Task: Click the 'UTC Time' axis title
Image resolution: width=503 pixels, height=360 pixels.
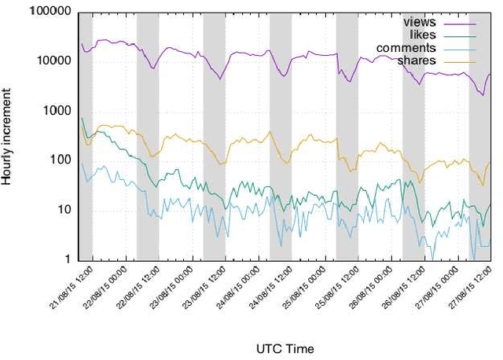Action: (x=285, y=347)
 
